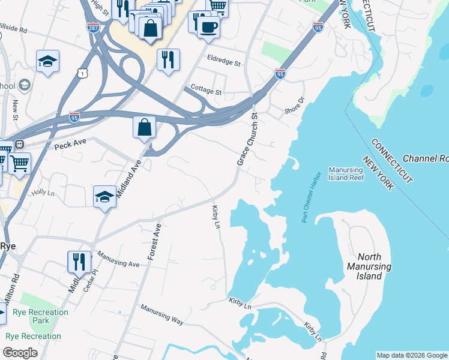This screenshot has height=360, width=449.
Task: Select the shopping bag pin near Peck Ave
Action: pyautogui.click(x=145, y=128)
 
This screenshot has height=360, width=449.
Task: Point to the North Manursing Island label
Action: pyautogui.click(x=369, y=266)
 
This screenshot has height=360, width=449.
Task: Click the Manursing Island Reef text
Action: pyautogui.click(x=346, y=173)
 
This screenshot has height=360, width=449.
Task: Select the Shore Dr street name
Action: pyautogui.click(x=295, y=106)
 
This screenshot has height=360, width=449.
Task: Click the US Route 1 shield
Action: pyautogui.click(x=83, y=72)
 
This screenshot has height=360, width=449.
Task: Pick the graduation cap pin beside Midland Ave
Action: pyautogui.click(x=104, y=197)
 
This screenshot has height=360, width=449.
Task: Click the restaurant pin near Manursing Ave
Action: pyautogui.click(x=79, y=262)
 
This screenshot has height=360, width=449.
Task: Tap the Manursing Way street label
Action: pyautogui.click(x=161, y=314)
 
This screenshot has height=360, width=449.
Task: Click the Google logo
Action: pyautogui.click(x=20, y=353)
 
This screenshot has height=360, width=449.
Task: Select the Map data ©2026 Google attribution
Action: pyautogui.click(x=411, y=355)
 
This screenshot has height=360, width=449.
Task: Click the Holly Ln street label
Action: pyautogui.click(x=43, y=192)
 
